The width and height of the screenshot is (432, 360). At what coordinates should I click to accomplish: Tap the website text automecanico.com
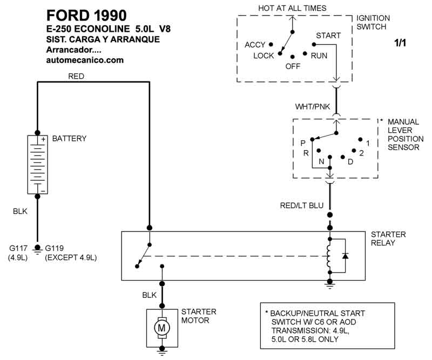coord(85,60)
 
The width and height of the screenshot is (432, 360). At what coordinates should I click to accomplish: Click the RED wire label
coord(76,77)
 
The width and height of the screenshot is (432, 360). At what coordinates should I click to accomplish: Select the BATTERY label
coord(69,139)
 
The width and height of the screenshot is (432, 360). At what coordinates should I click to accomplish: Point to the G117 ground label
coord(17,248)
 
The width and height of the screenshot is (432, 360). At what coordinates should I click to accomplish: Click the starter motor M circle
coord(161,327)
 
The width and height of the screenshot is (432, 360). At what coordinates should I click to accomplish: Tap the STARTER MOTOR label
coord(199,316)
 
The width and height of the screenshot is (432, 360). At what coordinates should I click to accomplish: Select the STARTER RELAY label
coord(388,239)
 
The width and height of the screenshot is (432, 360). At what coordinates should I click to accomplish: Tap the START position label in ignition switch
coord(328,36)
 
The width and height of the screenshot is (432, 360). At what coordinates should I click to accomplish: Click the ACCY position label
coord(255,45)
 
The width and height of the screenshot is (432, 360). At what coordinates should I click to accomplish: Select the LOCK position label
coord(264,56)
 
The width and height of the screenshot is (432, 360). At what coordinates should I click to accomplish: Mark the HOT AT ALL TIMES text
coord(293,8)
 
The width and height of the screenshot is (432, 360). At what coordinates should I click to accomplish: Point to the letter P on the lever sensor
coord(303,143)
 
